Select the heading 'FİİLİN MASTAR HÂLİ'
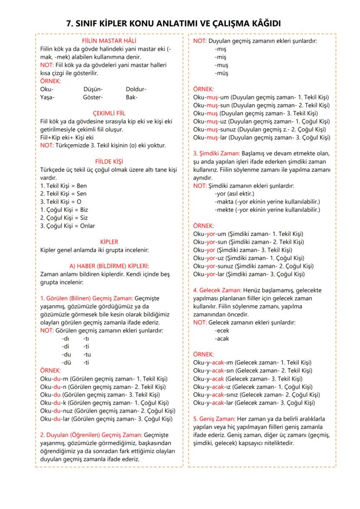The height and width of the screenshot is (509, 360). pyautogui.click(x=107, y=41)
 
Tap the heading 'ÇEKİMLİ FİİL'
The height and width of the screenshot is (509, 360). pyautogui.click(x=107, y=113)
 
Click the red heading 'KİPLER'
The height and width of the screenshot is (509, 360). pyautogui.click(x=109, y=242)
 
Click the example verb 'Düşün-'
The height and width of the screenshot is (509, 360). pyautogui.click(x=93, y=89)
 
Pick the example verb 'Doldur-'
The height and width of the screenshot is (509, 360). pyautogui.click(x=136, y=89)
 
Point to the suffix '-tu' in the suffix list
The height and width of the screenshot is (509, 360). pyautogui.click(x=87, y=354)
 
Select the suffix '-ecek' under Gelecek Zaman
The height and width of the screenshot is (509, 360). pyautogui.click(x=222, y=330)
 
